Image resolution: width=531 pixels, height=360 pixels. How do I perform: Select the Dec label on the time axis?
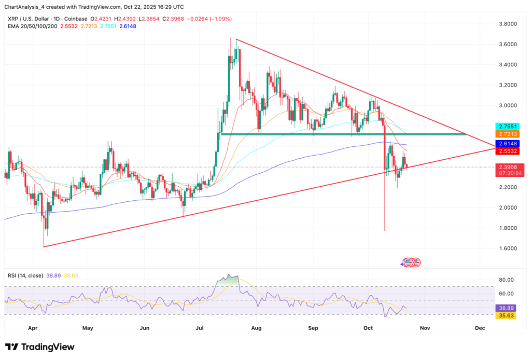point(480,328)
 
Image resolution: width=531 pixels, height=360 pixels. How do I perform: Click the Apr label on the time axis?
point(33,328)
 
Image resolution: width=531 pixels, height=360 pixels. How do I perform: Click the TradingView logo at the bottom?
point(39,347)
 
